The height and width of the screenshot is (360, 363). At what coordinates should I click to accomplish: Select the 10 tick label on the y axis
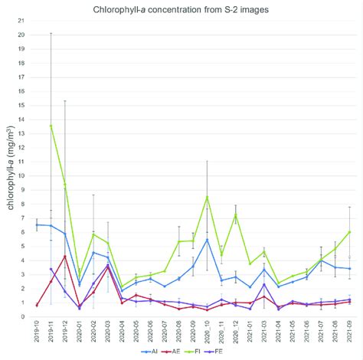tap(22, 175)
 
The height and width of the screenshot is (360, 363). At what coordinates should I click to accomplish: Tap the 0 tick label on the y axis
tap(24, 316)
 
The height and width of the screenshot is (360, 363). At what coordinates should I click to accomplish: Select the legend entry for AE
tap(181, 352)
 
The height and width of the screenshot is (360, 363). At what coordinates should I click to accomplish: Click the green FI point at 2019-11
tap(51, 126)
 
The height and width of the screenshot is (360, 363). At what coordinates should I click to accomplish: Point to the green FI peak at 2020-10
tap(207, 197)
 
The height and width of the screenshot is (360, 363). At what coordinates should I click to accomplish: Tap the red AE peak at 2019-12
tap(65, 256)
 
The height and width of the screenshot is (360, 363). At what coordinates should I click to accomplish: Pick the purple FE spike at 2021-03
tap(264, 284)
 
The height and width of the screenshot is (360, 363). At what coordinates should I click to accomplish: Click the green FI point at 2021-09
tap(349, 231)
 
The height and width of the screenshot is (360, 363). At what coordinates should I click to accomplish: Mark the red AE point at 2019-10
tap(37, 305)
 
